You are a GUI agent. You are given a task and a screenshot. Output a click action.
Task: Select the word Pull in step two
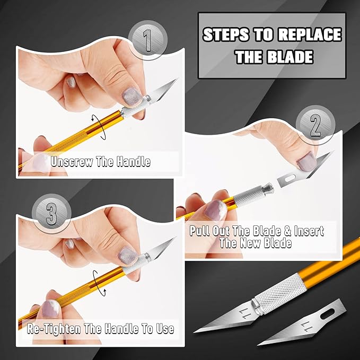click(x=200, y=231)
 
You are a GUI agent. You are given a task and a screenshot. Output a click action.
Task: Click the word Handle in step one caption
click(x=131, y=162)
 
